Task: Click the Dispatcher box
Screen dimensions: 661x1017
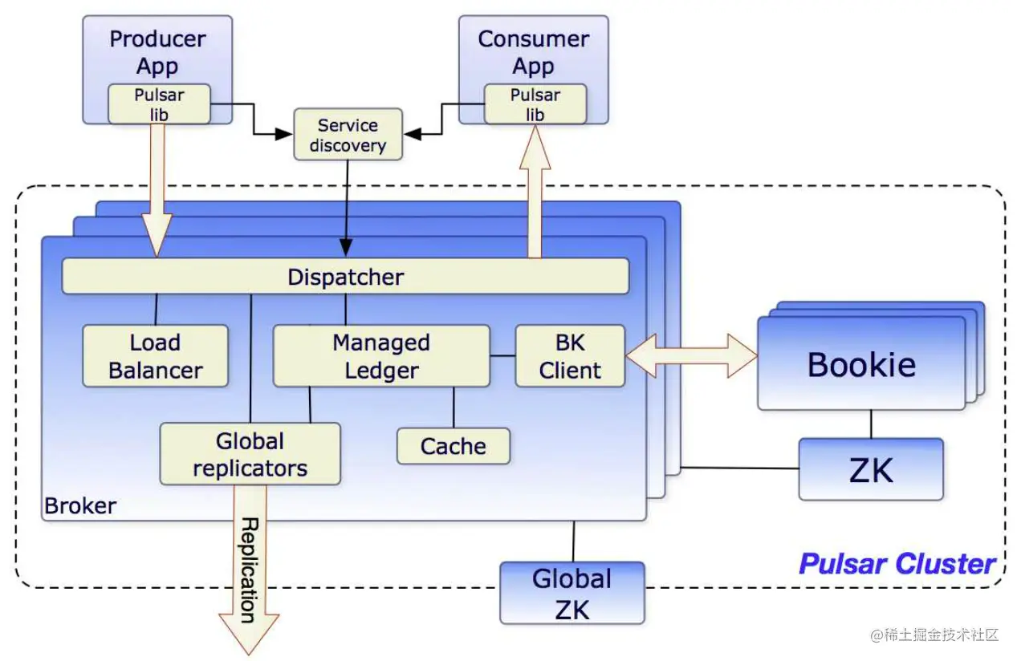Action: coord(345,277)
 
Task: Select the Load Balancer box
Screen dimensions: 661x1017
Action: coord(156,356)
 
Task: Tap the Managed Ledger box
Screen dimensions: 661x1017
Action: coord(381,356)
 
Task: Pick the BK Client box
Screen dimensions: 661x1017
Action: coord(570,356)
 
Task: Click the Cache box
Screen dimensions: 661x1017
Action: coord(454,446)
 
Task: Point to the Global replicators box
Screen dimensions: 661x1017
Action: coord(250,454)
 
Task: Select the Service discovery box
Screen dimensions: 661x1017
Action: coord(348,136)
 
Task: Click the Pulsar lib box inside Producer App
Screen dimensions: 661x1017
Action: coord(159,104)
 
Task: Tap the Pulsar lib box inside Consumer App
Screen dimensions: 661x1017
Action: coord(535,104)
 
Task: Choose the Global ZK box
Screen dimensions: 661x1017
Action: coord(572,594)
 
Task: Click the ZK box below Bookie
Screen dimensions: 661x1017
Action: coord(871,469)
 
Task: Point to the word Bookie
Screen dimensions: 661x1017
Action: coord(861,364)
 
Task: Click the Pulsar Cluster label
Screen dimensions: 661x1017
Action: coord(897,564)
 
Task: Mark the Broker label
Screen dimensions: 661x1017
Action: coord(80,506)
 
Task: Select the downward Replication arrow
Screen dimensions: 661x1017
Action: coord(249,578)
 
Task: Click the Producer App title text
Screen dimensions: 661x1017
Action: coord(157,51)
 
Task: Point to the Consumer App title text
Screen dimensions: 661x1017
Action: coord(533,51)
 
